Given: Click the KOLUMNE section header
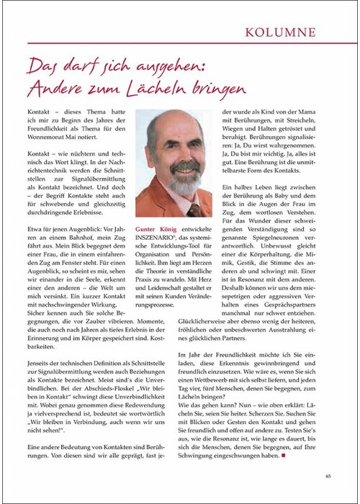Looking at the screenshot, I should tap(300, 32).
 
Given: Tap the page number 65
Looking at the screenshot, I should tap(328, 475).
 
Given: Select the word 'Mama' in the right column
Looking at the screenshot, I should tap(326, 114).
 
